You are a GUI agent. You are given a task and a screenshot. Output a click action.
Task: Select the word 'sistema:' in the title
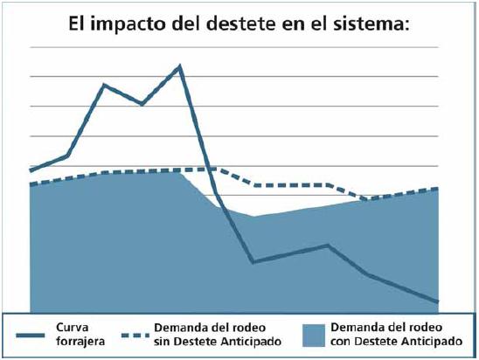371,24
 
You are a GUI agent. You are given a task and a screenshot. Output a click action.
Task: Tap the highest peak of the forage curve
180,66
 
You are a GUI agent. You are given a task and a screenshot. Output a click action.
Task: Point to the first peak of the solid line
105,85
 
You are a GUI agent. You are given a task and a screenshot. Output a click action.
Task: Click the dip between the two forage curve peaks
142,104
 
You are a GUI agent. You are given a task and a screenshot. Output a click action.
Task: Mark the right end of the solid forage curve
436,301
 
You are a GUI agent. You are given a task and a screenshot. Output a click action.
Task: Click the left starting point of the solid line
31,170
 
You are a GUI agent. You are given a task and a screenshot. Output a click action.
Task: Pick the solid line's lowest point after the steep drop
253,261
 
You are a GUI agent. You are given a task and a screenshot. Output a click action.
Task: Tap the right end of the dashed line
436,188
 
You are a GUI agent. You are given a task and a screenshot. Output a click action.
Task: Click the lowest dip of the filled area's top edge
253,216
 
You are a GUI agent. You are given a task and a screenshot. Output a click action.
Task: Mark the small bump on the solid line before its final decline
328,246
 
